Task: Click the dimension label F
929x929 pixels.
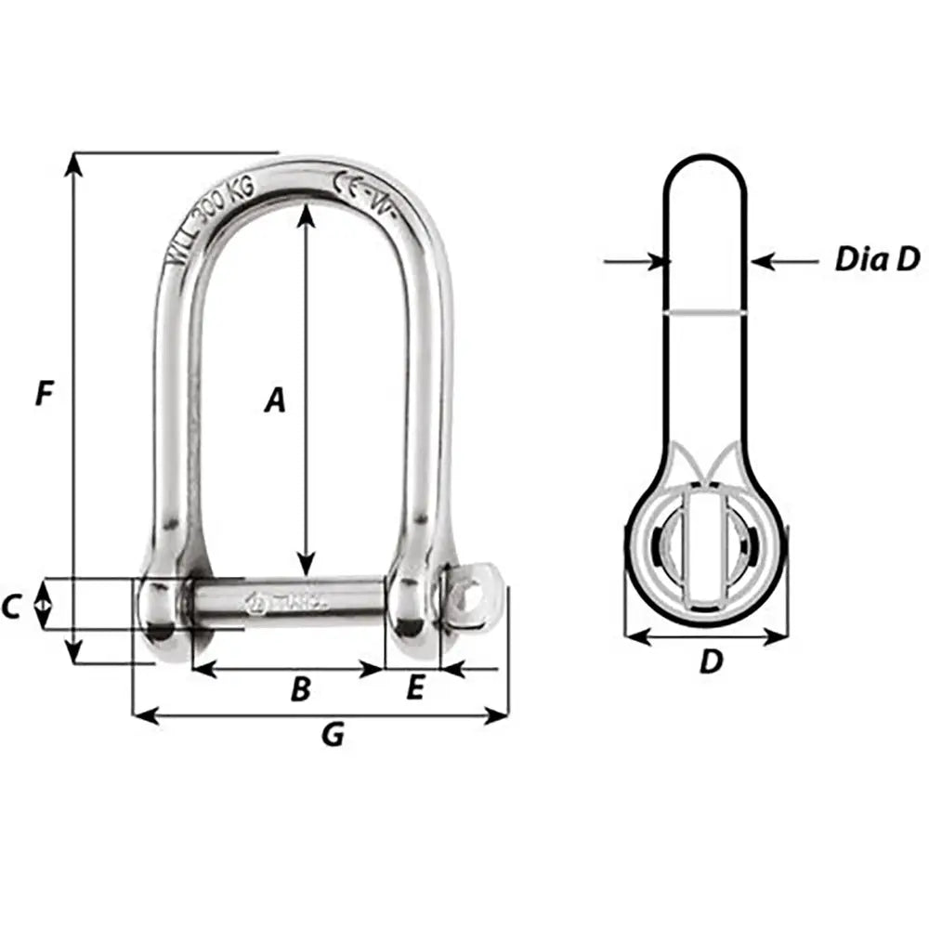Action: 43,393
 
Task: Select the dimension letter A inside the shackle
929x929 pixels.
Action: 273,400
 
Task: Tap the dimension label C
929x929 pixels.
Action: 11,607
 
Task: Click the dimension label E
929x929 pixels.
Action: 415,687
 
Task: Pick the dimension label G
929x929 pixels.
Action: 332,735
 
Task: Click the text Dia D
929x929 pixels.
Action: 876,260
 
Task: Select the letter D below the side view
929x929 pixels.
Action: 711,661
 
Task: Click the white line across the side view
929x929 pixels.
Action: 705,313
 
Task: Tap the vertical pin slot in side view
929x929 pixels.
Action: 705,550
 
